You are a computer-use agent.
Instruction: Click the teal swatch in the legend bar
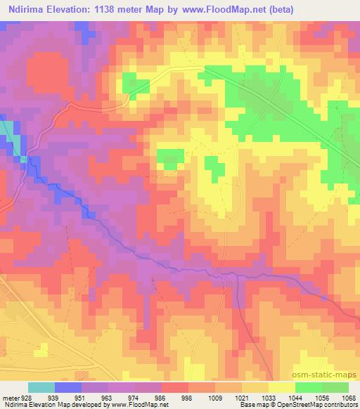(41, 387)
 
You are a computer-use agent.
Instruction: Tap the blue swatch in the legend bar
(68, 387)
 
